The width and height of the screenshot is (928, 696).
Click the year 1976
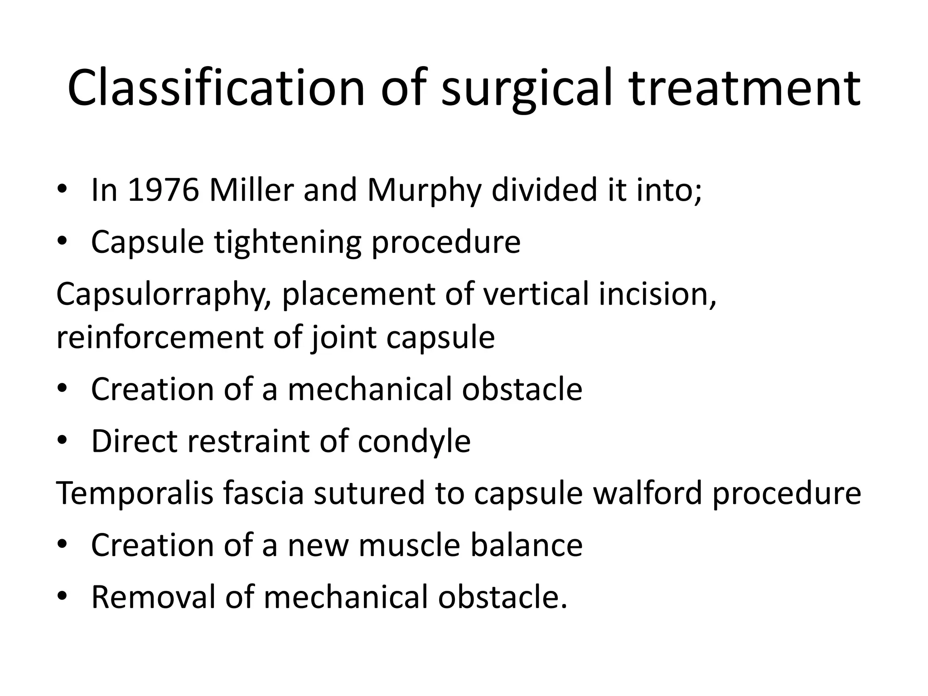click(163, 190)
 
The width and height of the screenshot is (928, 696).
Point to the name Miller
click(251, 190)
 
